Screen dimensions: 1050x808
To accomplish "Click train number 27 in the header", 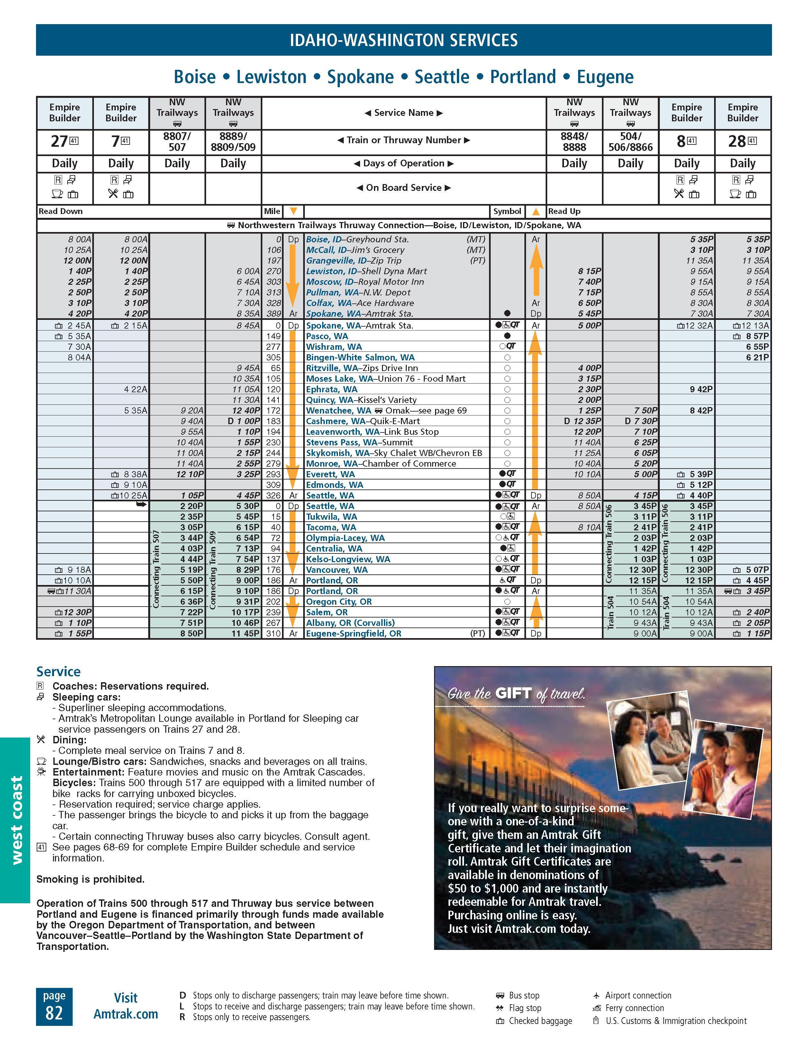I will coord(59,141).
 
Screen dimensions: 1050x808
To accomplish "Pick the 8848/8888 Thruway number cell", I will coord(574,141).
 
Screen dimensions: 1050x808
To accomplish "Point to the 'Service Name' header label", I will coord(404,113).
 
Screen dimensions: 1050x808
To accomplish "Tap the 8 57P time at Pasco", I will coord(757,336).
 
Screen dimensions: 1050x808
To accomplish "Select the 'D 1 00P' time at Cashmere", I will coord(243,421).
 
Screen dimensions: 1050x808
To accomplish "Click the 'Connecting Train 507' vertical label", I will coord(156,569).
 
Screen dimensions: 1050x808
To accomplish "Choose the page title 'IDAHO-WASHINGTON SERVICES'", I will coord(404,40).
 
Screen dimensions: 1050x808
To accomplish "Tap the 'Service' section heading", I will coord(59,671).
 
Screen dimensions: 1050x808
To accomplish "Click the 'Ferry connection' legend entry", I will coord(634,1008).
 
